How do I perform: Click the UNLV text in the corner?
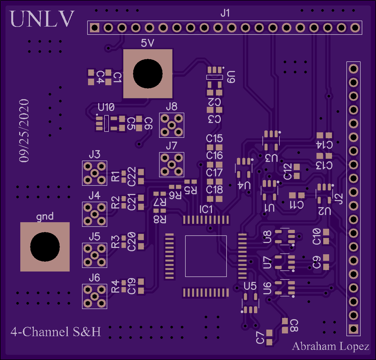42,19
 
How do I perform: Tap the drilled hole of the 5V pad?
148,74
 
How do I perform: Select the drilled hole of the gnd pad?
45,247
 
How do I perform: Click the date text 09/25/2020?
24,130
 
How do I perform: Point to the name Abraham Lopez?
330,346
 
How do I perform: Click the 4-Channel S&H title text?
56,332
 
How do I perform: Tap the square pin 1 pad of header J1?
95,28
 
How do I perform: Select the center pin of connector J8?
172,125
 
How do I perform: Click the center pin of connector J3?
95,173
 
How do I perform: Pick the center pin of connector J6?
95,296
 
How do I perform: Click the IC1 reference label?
206,210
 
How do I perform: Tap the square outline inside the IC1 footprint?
206,256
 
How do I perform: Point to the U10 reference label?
106,107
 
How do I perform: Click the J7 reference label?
172,146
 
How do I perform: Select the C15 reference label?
214,139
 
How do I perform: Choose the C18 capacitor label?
214,190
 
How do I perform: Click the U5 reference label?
250,286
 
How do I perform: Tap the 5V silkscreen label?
148,43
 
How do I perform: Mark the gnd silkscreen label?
45,217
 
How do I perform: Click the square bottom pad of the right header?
354,329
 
